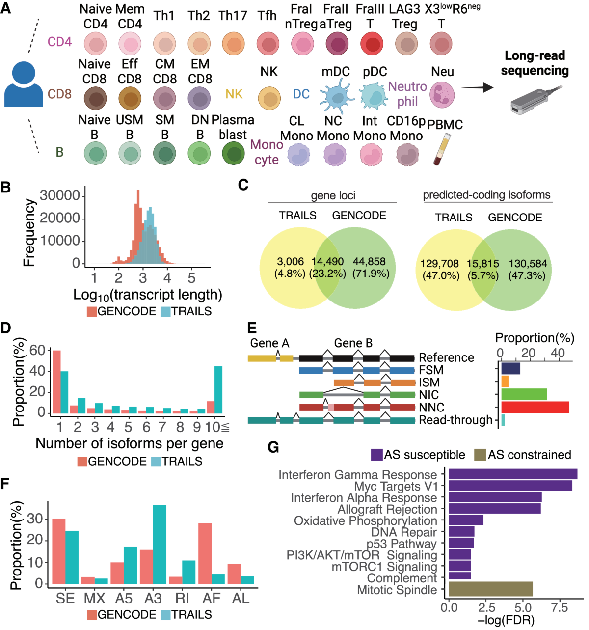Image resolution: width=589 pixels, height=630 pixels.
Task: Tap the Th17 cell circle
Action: (233, 44)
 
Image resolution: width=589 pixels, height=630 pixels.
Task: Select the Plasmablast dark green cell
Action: (233, 153)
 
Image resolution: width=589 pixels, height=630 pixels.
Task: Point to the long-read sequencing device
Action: (529, 101)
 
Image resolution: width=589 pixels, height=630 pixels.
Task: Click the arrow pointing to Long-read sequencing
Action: (478, 88)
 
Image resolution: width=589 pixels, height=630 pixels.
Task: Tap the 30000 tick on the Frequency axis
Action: (59, 195)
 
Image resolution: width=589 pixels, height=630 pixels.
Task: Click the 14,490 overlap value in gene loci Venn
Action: (327, 262)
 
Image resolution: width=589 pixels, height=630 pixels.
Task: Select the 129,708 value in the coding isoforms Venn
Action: (440, 264)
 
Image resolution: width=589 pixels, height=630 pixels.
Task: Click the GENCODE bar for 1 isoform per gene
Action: (56, 382)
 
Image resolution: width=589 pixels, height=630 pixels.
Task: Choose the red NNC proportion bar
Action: (535, 407)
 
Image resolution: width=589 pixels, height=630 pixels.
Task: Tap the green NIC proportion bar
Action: (524, 394)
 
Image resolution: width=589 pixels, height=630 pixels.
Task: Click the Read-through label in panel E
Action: (455, 420)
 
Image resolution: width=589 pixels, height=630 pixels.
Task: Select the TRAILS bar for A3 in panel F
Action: (160, 544)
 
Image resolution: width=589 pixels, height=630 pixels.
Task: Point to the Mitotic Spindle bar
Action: (491, 589)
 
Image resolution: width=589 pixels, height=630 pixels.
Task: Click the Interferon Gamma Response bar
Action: (513, 474)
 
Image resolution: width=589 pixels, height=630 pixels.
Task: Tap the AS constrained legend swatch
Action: (480, 455)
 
